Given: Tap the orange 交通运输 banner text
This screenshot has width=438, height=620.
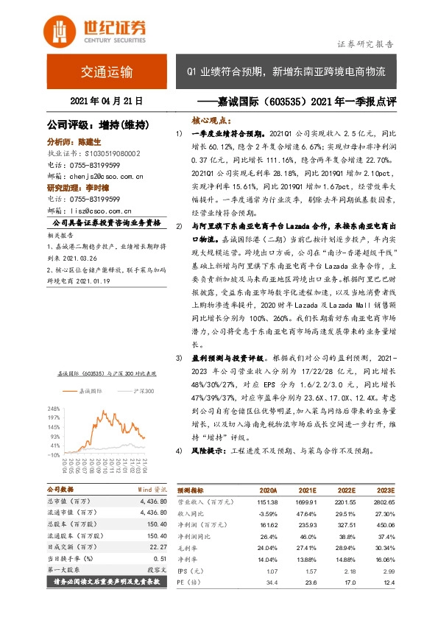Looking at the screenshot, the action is click(x=107, y=72).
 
